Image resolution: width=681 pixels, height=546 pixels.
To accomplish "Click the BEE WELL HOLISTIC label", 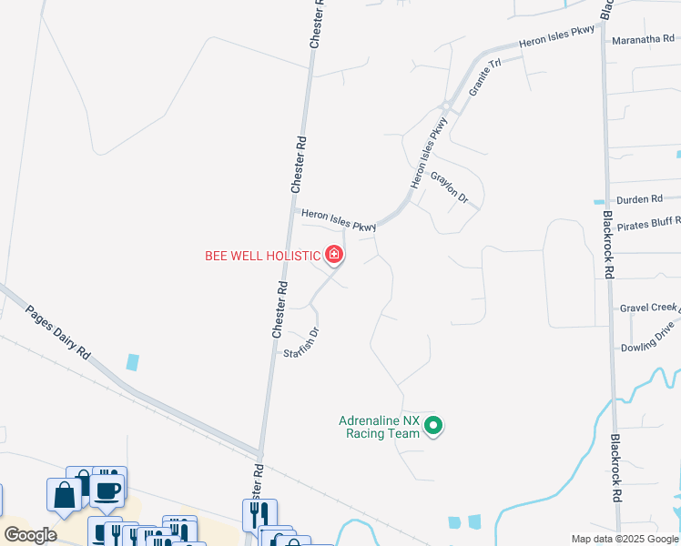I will [261, 256].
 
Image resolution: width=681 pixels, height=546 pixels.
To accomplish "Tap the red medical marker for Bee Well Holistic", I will [335, 255].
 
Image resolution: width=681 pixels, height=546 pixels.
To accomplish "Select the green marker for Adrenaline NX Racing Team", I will [434, 425].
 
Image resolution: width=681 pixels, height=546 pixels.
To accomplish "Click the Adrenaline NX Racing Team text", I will [380, 428].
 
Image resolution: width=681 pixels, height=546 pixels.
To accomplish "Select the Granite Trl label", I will [485, 79].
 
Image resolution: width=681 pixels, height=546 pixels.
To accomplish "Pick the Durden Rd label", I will [639, 199].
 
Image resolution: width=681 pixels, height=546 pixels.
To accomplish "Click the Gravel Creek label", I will [649, 308].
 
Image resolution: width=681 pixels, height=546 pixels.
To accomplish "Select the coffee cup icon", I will [108, 489].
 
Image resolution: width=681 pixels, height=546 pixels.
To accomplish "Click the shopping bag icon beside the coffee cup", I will [65, 497].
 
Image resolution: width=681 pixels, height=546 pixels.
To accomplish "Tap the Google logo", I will [30, 535].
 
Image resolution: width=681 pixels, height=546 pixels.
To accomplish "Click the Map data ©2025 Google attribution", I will [625, 539].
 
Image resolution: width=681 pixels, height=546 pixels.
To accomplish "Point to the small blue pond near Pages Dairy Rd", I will [134, 361].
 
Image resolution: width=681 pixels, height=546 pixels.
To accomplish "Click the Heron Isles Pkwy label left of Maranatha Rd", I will [556, 36].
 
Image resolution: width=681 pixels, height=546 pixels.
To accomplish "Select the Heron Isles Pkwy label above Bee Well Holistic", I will [339, 220].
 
